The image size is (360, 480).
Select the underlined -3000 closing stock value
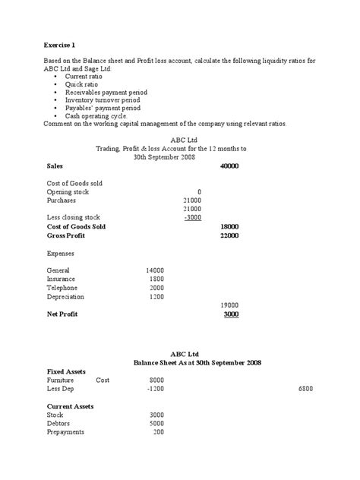click(x=193, y=216)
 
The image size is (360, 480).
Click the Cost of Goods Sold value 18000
click(x=229, y=226)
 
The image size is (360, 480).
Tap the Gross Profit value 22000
click(x=229, y=235)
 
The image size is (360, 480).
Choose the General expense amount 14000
click(x=154, y=270)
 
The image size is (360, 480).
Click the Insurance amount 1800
click(x=156, y=279)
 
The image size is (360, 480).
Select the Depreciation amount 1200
click(x=156, y=297)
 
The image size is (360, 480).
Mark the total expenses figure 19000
click(x=229, y=305)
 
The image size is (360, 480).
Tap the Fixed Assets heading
click(x=66, y=371)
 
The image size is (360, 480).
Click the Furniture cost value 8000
click(x=156, y=379)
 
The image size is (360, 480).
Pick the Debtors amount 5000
click(x=156, y=423)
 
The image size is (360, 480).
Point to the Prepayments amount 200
click(x=158, y=432)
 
